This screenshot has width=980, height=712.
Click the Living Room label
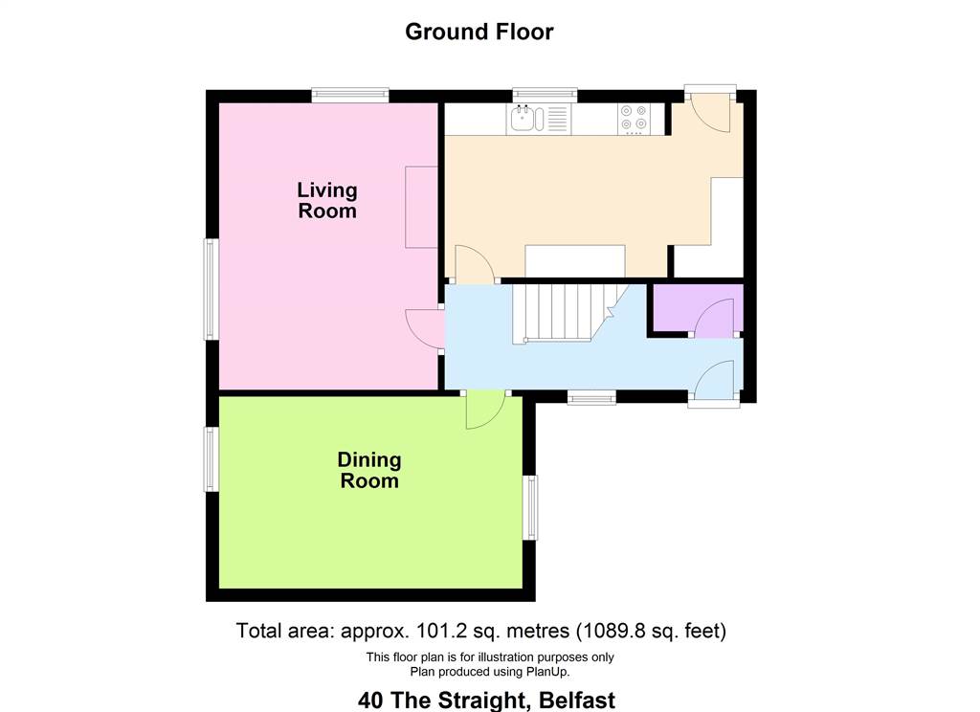pos(327,200)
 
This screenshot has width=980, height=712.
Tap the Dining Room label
pos(369,470)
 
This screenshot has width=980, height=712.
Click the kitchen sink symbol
pos(527,119)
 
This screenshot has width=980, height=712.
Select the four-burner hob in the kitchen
pos(634,119)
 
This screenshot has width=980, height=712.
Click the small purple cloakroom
pos(698,308)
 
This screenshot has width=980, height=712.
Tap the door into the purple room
pos(714,318)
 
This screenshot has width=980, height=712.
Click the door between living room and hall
pos(425,329)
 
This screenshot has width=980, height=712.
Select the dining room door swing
pos(485,410)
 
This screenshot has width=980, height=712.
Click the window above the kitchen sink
pos(545,95)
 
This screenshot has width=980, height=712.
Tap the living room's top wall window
pos(350,95)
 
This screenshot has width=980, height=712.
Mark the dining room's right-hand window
pos(530,507)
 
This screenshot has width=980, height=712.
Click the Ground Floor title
pos(479,32)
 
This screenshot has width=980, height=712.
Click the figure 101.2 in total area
pos(436,630)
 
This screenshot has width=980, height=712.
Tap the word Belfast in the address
pos(577,701)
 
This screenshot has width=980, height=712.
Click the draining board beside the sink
pos(558,119)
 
